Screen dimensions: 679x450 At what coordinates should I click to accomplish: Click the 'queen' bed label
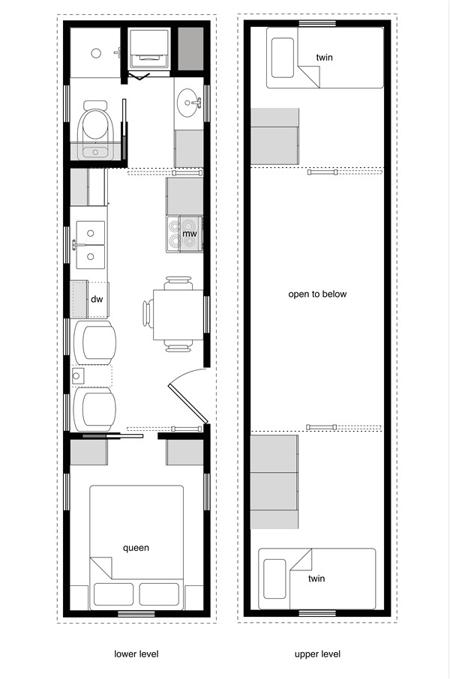coord(136,548)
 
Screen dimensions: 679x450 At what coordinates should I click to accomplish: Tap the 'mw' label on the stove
coord(190,234)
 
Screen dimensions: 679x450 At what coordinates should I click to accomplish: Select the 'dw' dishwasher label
coord(97,299)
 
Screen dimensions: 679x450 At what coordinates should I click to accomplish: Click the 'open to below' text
coord(317,294)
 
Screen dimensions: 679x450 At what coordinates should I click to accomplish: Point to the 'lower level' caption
coord(136,654)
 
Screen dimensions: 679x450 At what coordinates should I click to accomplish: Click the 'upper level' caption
coord(317,654)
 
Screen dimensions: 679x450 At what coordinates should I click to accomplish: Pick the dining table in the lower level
coord(178,315)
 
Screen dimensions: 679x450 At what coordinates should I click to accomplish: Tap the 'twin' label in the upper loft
coord(325,58)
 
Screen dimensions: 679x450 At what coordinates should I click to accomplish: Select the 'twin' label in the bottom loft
coord(316,579)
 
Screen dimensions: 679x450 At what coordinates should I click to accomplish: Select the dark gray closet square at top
coord(190,49)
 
